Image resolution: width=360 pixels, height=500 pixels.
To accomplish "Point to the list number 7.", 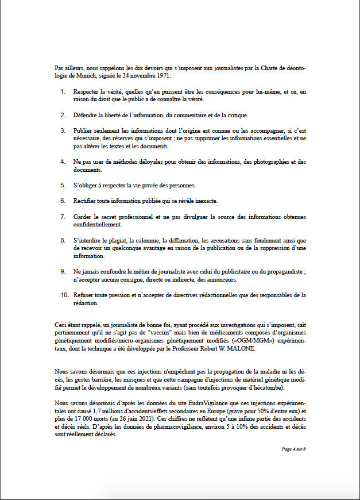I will [63, 216].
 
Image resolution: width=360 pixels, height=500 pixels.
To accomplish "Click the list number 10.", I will [65, 295].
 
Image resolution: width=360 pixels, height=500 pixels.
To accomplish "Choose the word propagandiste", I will [282, 271].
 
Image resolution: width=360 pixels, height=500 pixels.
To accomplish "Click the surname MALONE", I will [233, 348].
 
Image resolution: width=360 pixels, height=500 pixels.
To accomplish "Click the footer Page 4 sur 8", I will [294, 449].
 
